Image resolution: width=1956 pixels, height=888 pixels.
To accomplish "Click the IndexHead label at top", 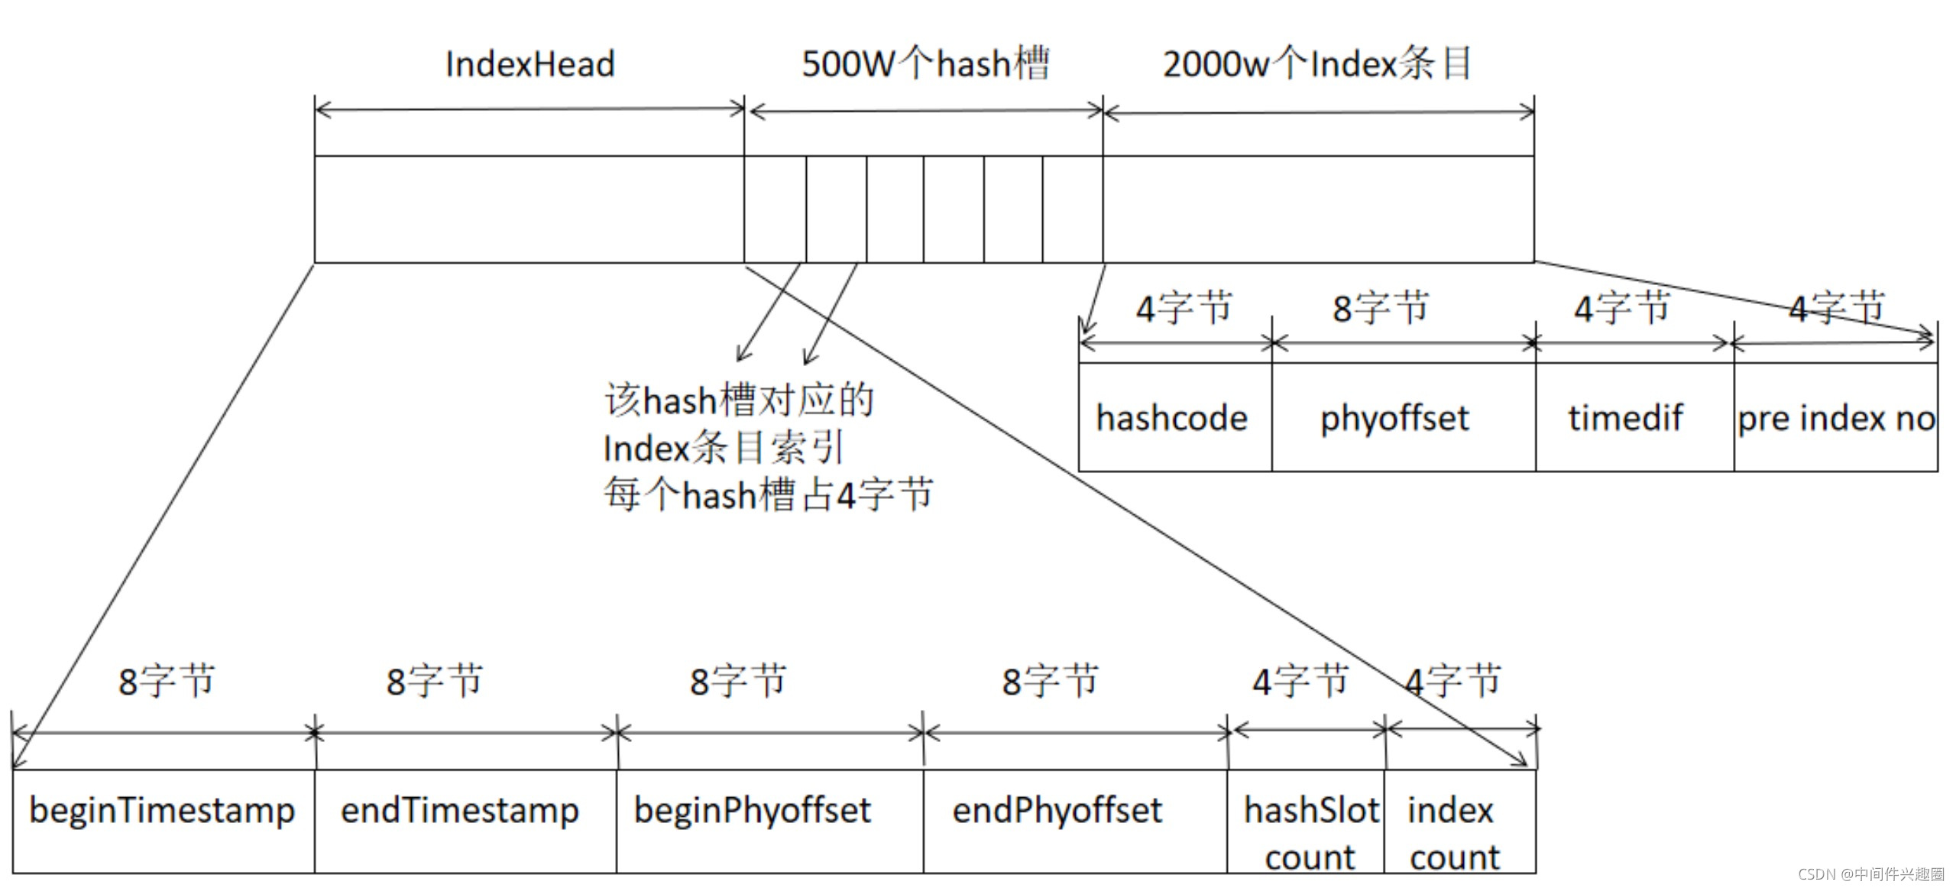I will click(529, 63).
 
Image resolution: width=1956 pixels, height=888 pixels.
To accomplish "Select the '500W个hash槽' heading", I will click(925, 63).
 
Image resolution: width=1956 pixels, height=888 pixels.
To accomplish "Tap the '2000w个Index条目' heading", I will click(1317, 63).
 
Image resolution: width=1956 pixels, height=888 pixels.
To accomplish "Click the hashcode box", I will click(1174, 417).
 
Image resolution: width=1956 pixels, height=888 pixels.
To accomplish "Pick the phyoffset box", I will click(1395, 417).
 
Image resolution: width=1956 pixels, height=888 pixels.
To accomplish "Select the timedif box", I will click(1626, 417).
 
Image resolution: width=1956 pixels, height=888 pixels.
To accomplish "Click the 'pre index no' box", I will click(1836, 417).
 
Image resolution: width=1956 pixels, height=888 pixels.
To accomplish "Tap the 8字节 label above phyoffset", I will click(1381, 309).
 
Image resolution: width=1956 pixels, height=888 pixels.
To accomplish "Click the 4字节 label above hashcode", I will click(1184, 309).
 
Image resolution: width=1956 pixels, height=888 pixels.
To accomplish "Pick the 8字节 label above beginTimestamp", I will click(167, 681).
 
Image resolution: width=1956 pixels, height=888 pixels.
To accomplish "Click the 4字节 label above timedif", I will click(1621, 309).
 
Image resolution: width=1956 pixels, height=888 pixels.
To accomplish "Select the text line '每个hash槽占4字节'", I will click(768, 494).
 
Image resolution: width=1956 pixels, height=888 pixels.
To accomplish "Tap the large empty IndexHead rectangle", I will click(529, 209).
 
